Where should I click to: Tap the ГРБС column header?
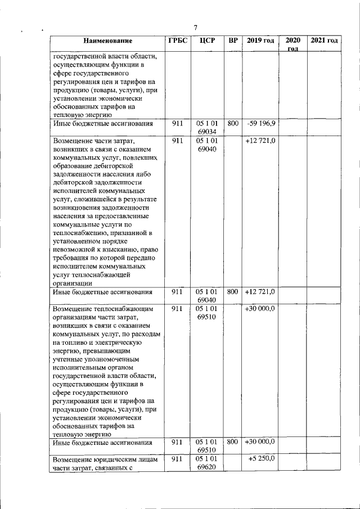coord(177,40)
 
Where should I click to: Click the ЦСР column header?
coord(204,40)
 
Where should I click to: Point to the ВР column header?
coord(233,40)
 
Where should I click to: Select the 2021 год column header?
coord(324,40)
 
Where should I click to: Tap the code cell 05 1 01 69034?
coord(208,127)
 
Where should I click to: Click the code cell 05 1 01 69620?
coord(208,463)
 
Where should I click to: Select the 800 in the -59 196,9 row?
coord(233,123)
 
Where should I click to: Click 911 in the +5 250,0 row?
coord(177,459)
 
